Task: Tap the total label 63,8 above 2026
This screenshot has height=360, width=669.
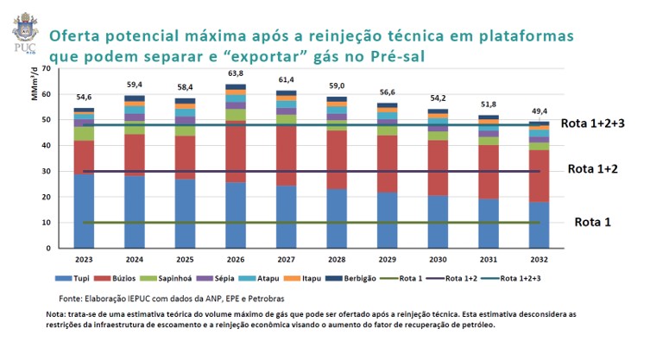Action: (x=236, y=74)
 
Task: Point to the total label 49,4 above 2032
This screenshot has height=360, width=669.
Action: (x=539, y=111)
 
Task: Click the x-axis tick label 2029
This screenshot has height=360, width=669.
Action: (x=388, y=258)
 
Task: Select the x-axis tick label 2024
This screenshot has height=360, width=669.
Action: (x=134, y=258)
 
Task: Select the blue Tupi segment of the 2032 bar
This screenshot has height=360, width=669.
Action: (x=539, y=225)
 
